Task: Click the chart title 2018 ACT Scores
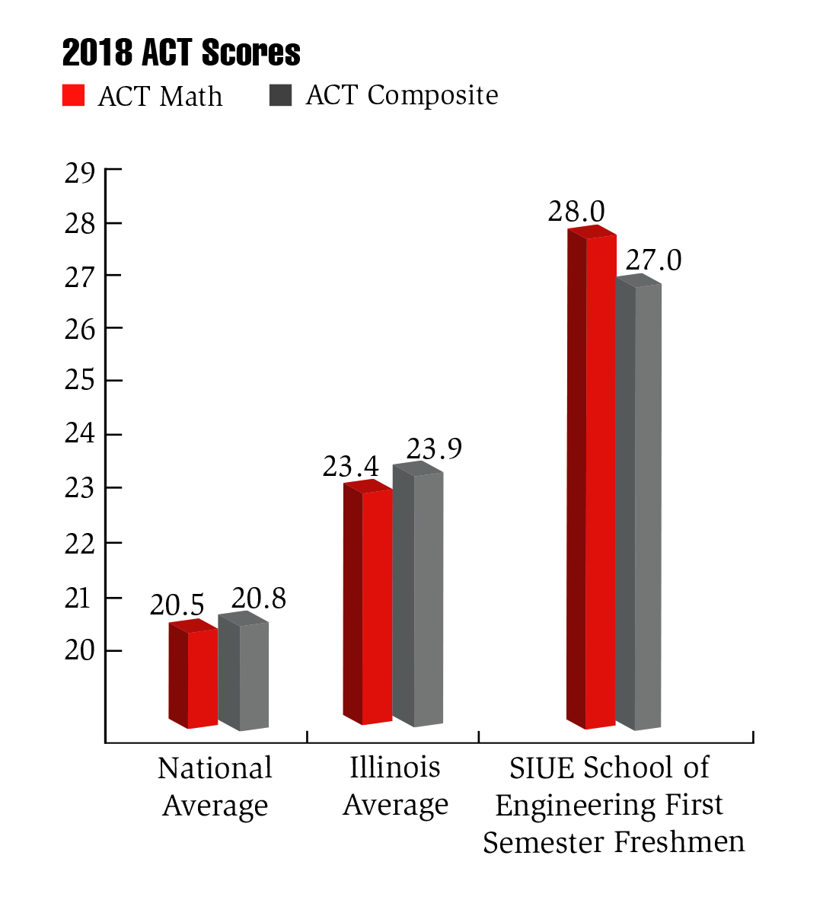[181, 53]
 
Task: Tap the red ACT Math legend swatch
[73, 95]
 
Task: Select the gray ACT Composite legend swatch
[280, 95]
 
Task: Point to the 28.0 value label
[576, 212]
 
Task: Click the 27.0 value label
[653, 260]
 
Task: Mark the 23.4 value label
[350, 467]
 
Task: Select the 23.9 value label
[434, 449]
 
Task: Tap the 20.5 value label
[177, 605]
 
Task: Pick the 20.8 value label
[259, 599]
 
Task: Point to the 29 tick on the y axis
[80, 174]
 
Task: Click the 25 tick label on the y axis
[80, 380]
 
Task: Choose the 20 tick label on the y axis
[80, 651]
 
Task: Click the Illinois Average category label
[395, 786]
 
